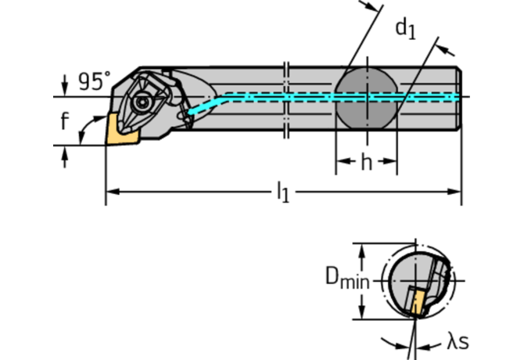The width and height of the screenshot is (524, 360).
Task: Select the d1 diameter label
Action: (405, 29)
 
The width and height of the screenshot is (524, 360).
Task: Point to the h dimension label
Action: (366, 163)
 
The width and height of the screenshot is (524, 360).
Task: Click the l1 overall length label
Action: (282, 193)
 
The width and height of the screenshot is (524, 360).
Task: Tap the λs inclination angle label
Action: (459, 341)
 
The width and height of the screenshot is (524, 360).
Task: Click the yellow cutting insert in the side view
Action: (122, 128)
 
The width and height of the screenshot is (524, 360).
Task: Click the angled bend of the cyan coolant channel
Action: (223, 98)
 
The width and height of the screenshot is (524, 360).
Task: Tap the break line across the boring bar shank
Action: (286, 97)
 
